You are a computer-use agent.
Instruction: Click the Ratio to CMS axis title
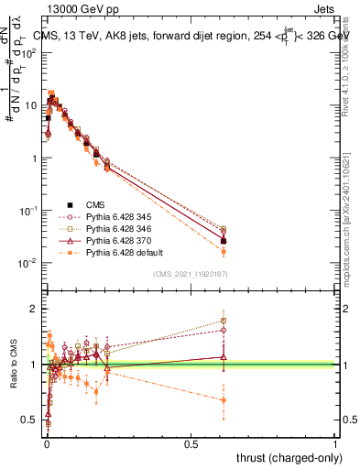[14, 365]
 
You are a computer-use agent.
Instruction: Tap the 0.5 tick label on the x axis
[191, 443]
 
